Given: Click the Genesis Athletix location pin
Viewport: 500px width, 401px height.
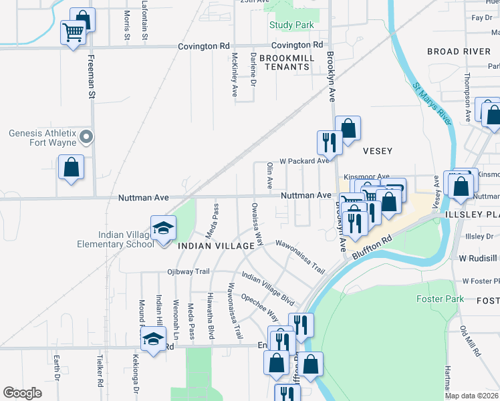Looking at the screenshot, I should click(x=86, y=138).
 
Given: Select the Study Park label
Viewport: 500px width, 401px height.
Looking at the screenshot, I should click(x=291, y=25).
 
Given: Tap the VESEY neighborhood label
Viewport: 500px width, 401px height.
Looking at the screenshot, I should click(x=378, y=151).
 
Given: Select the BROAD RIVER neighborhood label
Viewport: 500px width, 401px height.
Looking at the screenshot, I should click(x=463, y=51).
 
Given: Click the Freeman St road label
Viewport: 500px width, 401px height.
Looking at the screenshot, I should click(x=92, y=78).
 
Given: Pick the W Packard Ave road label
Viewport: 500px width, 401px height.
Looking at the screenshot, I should click(x=304, y=161).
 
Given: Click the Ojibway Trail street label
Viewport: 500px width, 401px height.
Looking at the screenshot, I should click(x=189, y=272).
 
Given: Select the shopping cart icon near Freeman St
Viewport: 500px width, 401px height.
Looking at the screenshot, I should click(x=73, y=31).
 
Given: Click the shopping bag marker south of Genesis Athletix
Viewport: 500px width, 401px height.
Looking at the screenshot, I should click(x=71, y=168).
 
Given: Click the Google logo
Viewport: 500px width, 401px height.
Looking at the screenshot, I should click(x=22, y=393).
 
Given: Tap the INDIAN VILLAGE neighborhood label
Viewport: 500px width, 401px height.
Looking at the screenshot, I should click(x=216, y=246).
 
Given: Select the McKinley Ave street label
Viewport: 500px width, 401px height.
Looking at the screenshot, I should click(x=235, y=76).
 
